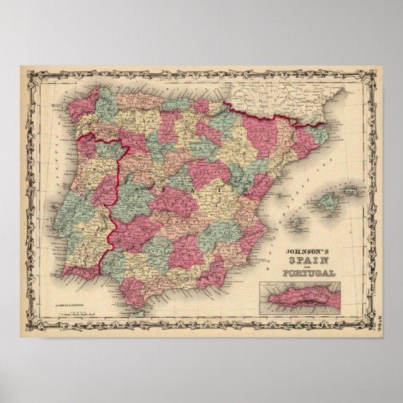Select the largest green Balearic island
[x=327, y=201]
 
